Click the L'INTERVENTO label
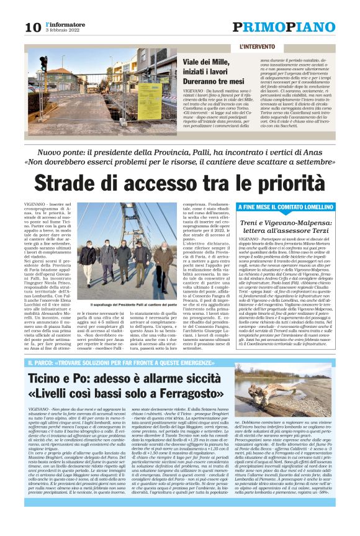256,47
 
